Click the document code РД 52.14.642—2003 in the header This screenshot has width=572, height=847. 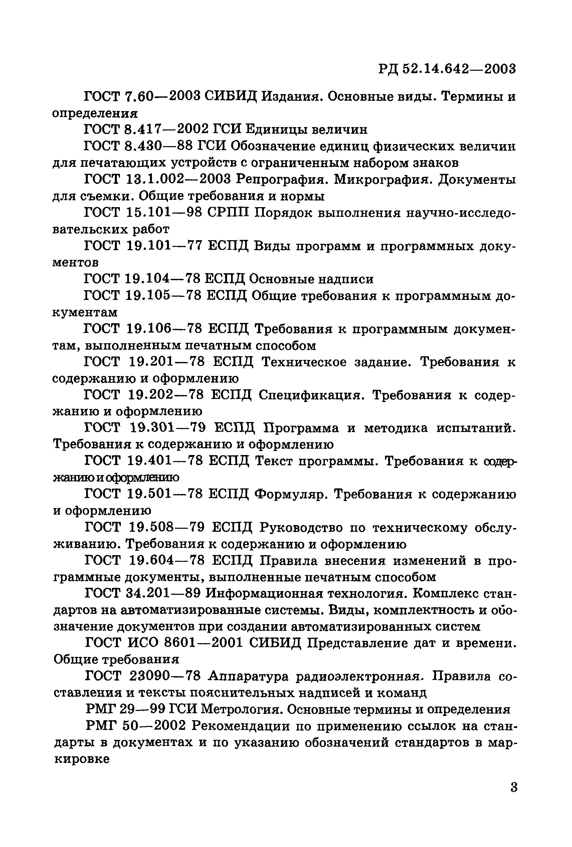tap(447, 68)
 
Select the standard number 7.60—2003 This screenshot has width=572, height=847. tap(162, 97)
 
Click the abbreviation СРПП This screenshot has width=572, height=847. tap(228, 213)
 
